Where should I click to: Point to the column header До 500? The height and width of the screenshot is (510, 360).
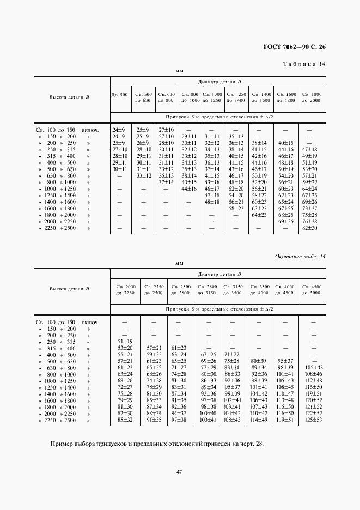(x=120, y=95)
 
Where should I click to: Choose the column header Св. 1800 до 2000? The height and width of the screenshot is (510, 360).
(x=312, y=98)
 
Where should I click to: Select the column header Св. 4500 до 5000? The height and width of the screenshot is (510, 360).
(x=313, y=289)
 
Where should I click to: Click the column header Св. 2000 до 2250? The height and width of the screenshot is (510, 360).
(x=125, y=289)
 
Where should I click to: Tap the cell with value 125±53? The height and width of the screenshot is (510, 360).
(x=313, y=420)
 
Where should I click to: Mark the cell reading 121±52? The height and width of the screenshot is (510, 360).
(x=313, y=406)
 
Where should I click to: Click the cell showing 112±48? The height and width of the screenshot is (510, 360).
(x=313, y=380)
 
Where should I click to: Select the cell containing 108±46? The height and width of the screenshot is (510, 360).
(x=313, y=374)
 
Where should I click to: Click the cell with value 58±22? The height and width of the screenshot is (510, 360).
(x=236, y=208)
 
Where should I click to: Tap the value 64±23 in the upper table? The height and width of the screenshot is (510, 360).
(x=258, y=214)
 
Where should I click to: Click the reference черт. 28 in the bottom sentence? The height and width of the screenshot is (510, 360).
(x=249, y=443)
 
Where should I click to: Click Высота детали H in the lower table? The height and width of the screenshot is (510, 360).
(x=69, y=289)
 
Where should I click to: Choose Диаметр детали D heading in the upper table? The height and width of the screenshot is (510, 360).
(x=219, y=82)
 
